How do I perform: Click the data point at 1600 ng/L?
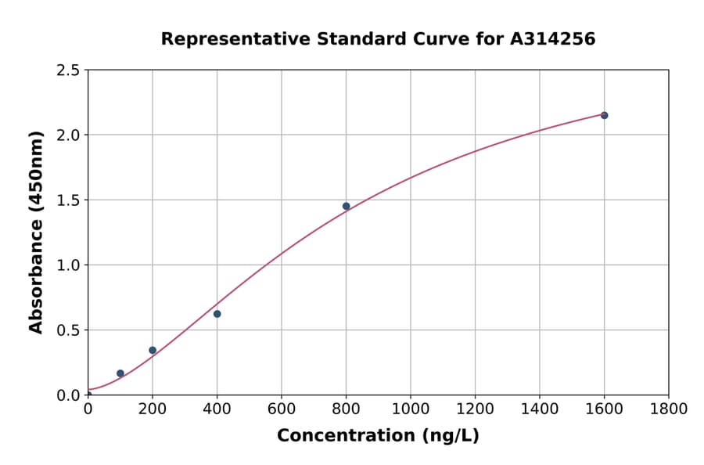coord(604,115)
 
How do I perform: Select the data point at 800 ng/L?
coord(346,206)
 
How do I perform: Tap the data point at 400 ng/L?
coord(217,314)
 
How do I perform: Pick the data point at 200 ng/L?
coord(153,350)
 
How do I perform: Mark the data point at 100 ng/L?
coord(120,373)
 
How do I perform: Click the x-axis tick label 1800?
coord(668,409)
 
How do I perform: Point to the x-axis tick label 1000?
coord(410,409)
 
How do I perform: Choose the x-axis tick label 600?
coord(281,409)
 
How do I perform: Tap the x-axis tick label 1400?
coord(539,409)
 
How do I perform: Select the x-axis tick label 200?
coord(153,409)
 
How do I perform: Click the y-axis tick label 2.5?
coord(69,70)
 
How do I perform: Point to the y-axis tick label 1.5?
coord(69,200)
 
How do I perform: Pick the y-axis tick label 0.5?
coord(69,330)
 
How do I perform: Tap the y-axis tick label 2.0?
coord(69,135)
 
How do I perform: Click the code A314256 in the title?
coord(555,38)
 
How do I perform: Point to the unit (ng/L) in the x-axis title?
coord(447,435)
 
